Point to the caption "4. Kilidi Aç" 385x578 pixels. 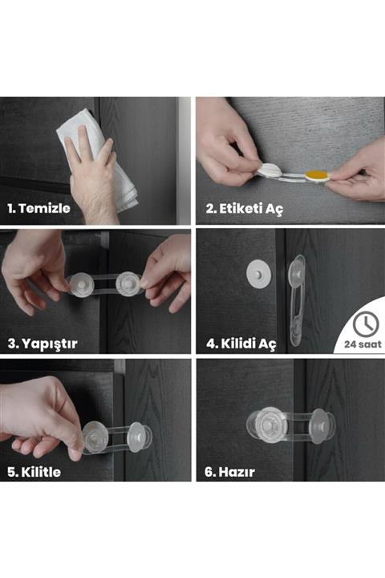point(241,344)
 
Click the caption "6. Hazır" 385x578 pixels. point(230,472)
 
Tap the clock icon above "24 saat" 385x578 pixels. point(366,323)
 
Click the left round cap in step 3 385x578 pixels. point(81,283)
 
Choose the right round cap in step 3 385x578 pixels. point(128,283)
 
